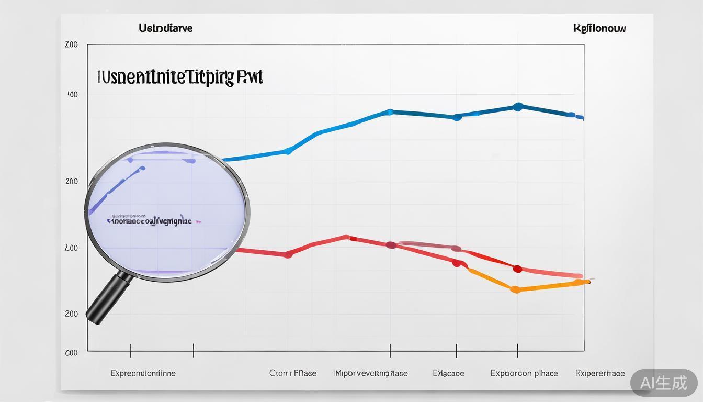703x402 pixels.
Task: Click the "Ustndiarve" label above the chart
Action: coord(165,28)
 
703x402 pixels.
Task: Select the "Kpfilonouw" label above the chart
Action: coord(599,28)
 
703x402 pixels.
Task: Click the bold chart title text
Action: coord(179,77)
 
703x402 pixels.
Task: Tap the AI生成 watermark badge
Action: coord(664,383)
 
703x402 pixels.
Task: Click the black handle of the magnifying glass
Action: coord(109,298)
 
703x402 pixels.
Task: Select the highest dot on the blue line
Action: coord(518,107)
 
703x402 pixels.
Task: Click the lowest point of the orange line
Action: coord(515,289)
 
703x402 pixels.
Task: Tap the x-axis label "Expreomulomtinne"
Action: coord(143,373)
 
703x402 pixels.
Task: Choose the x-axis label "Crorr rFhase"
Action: coord(293,373)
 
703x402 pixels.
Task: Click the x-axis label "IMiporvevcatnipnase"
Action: coord(370,373)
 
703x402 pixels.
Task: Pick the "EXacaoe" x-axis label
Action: coord(448,373)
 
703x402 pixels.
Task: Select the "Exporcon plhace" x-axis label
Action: coord(524,373)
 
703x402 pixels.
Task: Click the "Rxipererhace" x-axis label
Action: coord(600,373)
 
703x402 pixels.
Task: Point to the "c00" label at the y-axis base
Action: coord(71,353)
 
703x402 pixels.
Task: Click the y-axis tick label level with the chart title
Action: coord(72,95)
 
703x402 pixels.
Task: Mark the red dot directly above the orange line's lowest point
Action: coord(517,269)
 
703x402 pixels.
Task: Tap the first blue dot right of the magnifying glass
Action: coord(287,151)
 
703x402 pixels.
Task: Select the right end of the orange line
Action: coord(588,282)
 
